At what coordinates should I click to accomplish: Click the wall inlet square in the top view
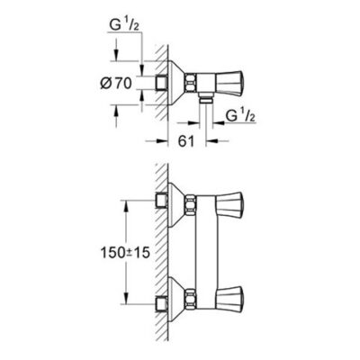[x=160, y=84]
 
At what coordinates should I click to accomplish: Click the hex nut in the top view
[x=191, y=84]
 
